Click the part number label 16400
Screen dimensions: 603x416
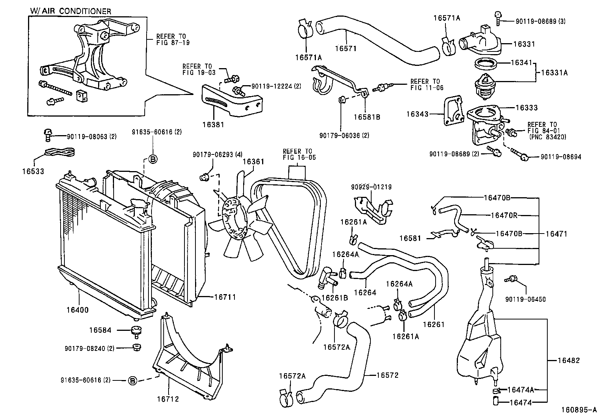click(78, 310)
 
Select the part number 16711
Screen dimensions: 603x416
click(225, 297)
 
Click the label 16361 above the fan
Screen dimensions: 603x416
click(253, 162)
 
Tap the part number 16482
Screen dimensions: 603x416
click(569, 360)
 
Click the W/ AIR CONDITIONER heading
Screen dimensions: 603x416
click(71, 11)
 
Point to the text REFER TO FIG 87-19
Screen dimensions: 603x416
click(173, 39)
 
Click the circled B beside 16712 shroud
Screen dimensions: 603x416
click(132, 381)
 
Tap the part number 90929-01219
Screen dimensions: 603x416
click(371, 187)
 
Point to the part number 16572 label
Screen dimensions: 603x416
click(387, 375)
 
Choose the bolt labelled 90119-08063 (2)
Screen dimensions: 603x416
click(48, 135)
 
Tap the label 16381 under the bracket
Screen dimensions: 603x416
click(213, 124)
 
